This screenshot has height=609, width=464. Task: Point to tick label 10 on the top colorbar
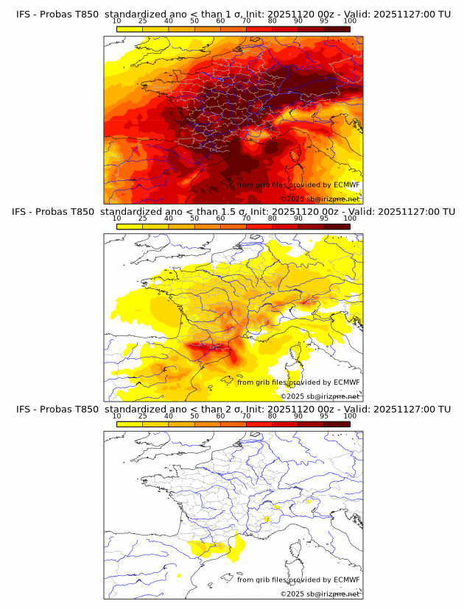pyautogui.click(x=116, y=21)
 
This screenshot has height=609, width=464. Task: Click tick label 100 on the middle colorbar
pyautogui.click(x=350, y=218)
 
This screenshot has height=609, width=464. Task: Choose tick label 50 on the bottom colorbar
pyautogui.click(x=194, y=416)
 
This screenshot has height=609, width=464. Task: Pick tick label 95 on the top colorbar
pyautogui.click(x=324, y=21)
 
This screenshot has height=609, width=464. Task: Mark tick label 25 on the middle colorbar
pyautogui.click(x=142, y=218)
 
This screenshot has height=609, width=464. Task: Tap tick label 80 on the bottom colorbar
pyautogui.click(x=273, y=416)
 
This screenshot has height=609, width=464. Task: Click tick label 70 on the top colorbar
pyautogui.click(x=246, y=21)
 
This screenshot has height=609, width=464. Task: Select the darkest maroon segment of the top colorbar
pyautogui.click(x=337, y=29)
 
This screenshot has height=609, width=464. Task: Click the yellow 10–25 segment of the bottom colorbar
pyautogui.click(x=129, y=424)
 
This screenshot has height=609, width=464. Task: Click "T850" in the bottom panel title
pyautogui.click(x=84, y=409)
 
